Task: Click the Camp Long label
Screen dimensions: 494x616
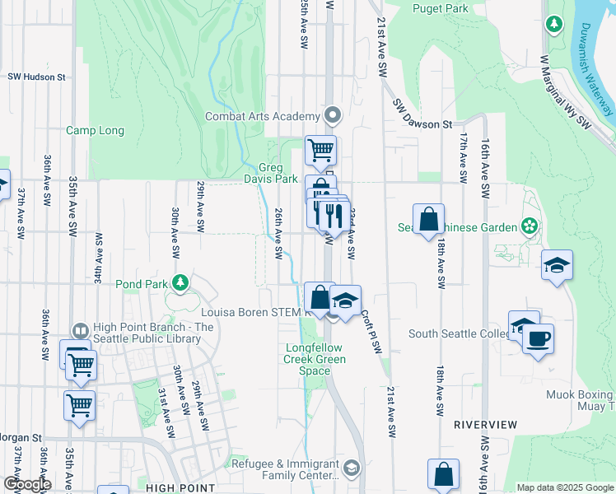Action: tap(95, 130)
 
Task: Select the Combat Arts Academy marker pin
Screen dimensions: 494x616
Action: tap(333, 114)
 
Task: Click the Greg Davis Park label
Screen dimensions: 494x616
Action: tap(270, 173)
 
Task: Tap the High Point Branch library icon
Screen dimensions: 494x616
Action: tap(81, 329)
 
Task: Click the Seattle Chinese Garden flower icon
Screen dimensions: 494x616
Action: tap(529, 226)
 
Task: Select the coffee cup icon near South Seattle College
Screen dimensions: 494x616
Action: tap(538, 338)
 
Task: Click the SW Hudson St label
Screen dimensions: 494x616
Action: tap(37, 77)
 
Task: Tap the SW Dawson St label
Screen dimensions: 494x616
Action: tap(422, 115)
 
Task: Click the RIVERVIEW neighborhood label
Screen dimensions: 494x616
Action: tap(486, 425)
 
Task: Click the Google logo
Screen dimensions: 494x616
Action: tap(26, 484)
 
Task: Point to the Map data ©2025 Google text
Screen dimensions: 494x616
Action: tap(565, 487)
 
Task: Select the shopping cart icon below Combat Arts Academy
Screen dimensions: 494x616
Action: tap(320, 149)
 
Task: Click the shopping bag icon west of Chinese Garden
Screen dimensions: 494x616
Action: tap(428, 219)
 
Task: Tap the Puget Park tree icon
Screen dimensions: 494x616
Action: tap(556, 23)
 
